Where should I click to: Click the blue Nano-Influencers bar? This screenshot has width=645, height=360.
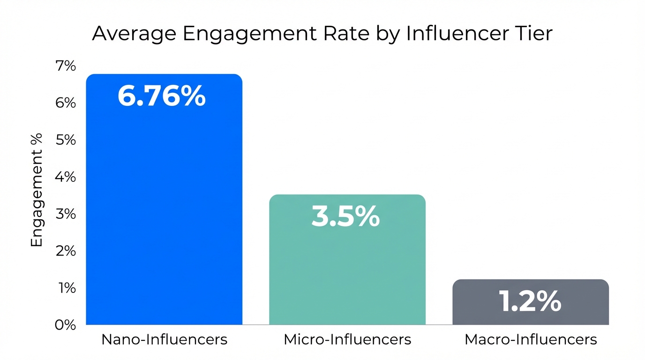[x=164, y=211]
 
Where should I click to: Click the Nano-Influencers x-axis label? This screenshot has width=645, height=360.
[x=164, y=339]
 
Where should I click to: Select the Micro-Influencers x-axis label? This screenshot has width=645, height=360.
[x=347, y=339]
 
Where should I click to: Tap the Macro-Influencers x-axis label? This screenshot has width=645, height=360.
[x=531, y=339]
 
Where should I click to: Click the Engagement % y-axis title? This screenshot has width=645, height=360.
[x=37, y=190]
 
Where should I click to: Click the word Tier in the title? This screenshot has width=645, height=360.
[x=535, y=34]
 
